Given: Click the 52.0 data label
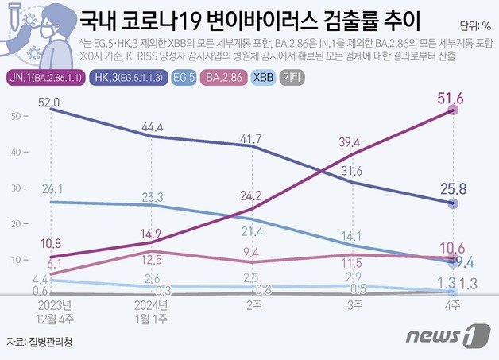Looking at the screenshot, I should (51, 102).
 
